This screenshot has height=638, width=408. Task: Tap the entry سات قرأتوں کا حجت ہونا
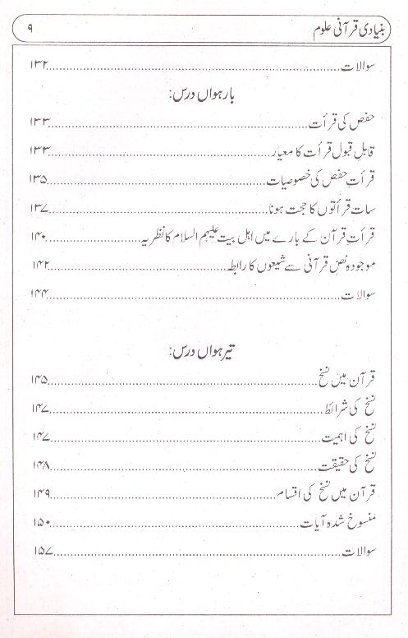click(x=328, y=206)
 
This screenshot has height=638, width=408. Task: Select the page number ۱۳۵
click(x=42, y=178)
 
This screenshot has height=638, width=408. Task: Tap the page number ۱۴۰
click(x=42, y=237)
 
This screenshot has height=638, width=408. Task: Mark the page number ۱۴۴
click(x=42, y=293)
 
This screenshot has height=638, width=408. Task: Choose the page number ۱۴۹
click(x=42, y=494)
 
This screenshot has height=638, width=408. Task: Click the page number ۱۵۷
click(x=42, y=551)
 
